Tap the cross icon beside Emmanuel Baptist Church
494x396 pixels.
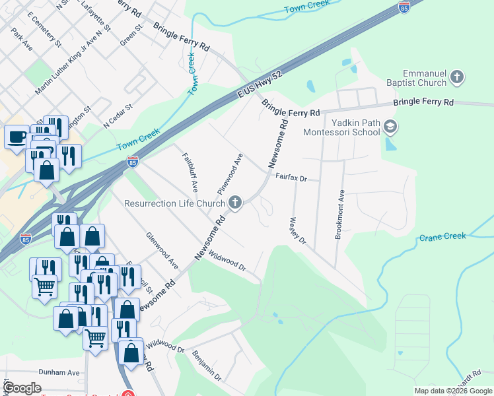[456, 79]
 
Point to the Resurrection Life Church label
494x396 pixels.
[174, 203]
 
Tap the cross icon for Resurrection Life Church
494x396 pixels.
[235, 203]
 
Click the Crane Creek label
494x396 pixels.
[442, 236]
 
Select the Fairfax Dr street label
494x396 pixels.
[292, 178]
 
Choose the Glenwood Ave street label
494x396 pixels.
[162, 250]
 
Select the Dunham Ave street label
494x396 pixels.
[59, 372]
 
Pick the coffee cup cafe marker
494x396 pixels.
[17, 138]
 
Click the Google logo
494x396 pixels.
[22, 388]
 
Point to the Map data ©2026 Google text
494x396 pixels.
[452, 391]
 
